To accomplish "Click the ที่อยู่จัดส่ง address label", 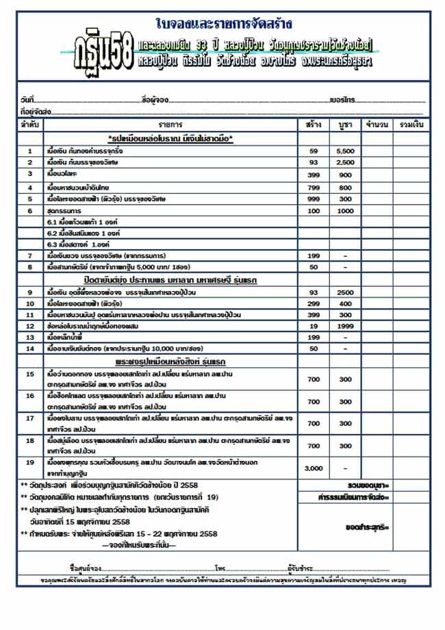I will click(x=34, y=111).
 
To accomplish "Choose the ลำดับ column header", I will click(x=29, y=125).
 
